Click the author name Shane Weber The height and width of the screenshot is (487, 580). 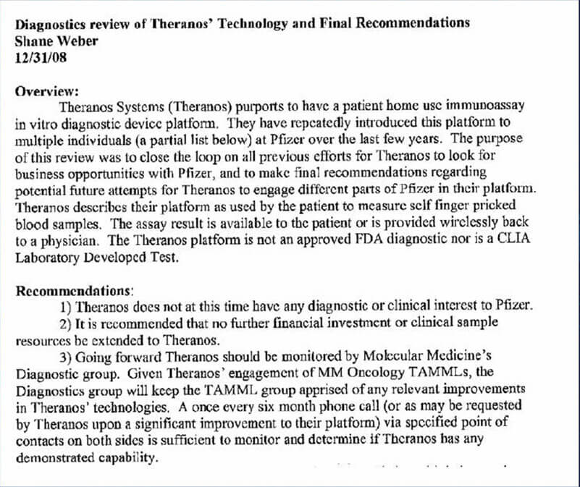[x=56, y=41]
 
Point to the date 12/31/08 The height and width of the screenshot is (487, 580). [x=41, y=58]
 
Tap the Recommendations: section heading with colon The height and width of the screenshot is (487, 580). [x=74, y=291]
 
